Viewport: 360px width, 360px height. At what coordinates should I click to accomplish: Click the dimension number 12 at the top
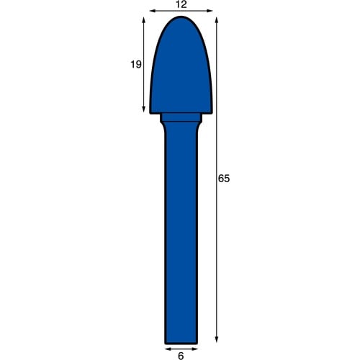181,4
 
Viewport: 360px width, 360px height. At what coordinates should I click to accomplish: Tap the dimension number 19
136,64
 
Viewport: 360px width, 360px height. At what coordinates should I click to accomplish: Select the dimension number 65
224,179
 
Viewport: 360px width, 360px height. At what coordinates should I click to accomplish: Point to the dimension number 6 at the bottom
181,356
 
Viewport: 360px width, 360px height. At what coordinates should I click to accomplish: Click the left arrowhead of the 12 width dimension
153,11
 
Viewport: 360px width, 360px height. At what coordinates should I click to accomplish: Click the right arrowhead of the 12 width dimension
210,11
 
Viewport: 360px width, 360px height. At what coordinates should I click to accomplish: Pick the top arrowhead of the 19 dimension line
144,20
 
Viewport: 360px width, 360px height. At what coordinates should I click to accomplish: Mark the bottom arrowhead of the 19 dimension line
144,109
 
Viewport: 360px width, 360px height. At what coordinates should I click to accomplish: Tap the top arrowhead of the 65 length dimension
217,20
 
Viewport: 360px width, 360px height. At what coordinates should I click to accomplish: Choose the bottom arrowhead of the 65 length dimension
217,339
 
